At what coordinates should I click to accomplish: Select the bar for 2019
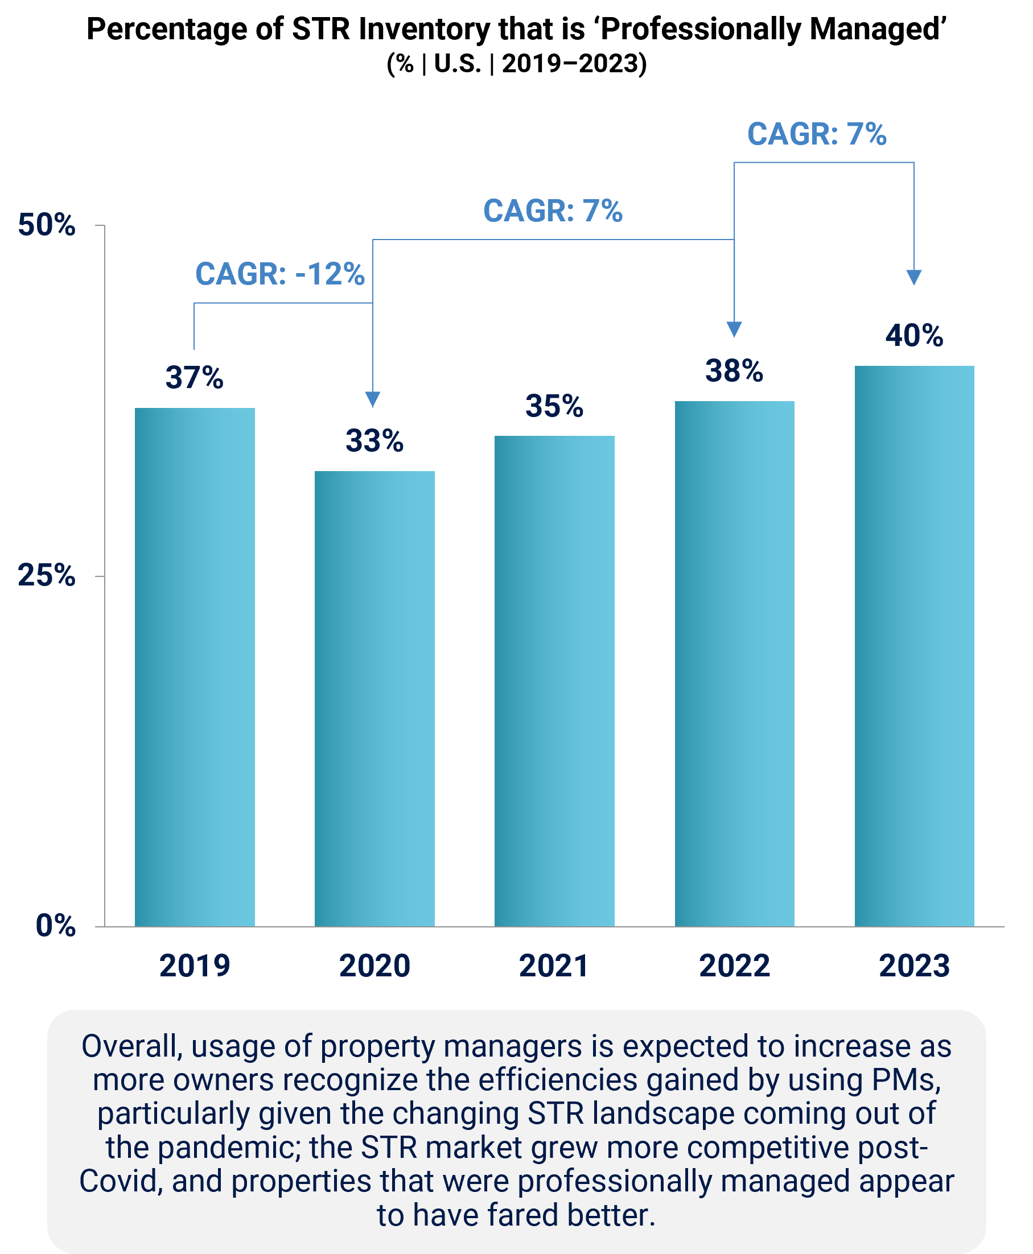coord(195,666)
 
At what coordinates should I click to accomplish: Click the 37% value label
coord(195,378)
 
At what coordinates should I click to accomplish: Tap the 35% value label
coord(554,406)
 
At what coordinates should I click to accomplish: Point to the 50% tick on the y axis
coord(47,225)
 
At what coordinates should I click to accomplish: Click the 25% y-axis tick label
coord(47,576)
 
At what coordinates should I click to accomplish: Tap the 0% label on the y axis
coord(55,926)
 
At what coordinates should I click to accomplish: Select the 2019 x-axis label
coord(195,966)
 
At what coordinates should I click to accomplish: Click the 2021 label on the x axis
coord(554,966)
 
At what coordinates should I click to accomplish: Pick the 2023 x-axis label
coord(914,966)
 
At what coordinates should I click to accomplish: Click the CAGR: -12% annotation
coord(279,274)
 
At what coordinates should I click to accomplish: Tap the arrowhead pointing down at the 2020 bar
coord(372,399)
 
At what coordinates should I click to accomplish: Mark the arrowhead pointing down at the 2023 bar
coord(914,277)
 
